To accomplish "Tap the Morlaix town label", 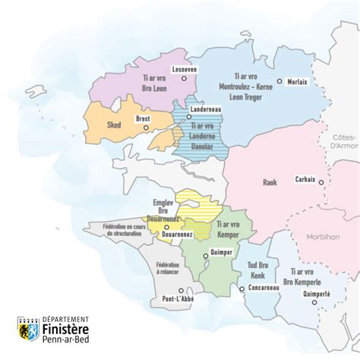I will pos(302,81).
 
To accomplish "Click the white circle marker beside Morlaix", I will pos(280,81).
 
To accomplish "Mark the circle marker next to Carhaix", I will pos(322,182).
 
